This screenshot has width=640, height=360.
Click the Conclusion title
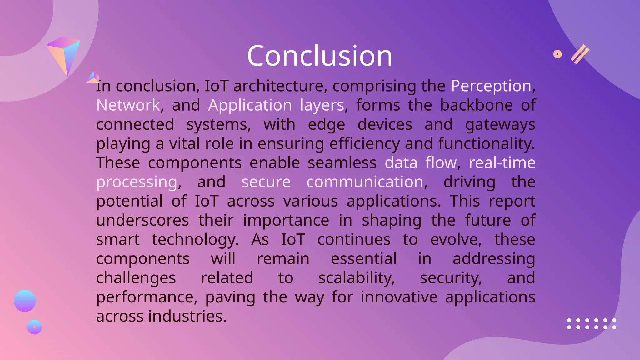coord(319,56)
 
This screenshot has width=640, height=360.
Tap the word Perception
coord(491,86)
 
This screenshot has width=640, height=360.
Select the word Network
coord(128,105)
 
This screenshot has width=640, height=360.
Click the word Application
coord(250,105)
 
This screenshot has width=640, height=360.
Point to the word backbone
coord(476,105)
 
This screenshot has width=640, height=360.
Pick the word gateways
coord(500,124)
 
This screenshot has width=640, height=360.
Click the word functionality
coord(486,143)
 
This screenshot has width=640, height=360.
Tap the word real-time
coord(502,163)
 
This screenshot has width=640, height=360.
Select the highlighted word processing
coord(137,182)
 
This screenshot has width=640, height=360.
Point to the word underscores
coord(142,220)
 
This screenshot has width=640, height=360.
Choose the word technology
coord(195,240)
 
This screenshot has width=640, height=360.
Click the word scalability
coord(356,278)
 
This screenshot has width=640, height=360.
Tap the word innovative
coord(399,297)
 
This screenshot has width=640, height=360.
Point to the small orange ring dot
coord(557,54)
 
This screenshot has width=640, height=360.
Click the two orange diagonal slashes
coord(580,54)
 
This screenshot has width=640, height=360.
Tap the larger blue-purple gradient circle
coord(25,301)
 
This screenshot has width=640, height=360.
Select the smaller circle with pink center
coord(34,327)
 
